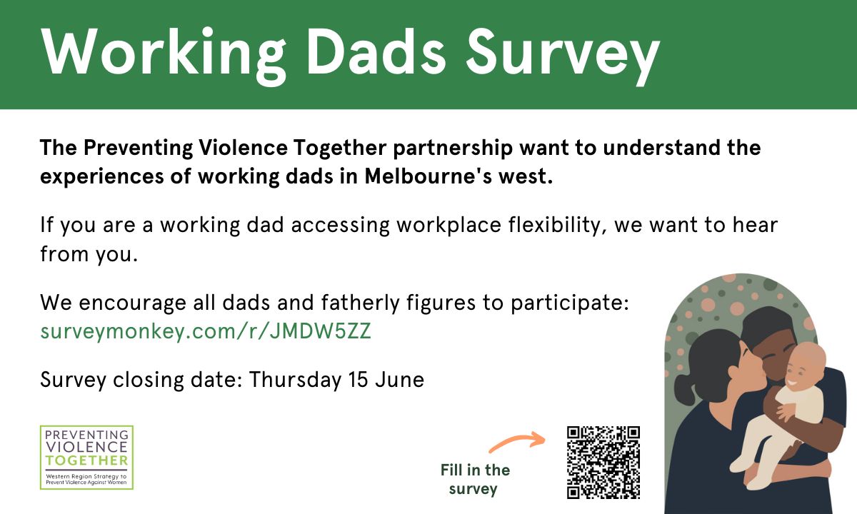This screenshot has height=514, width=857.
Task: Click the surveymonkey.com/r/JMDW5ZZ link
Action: click(206, 332)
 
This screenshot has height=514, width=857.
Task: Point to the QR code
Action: click(603, 463)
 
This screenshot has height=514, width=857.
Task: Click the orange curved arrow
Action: click(516, 442)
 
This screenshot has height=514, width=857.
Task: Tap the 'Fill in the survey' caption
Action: click(475, 479)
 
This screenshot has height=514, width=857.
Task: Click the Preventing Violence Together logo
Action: click(86, 457)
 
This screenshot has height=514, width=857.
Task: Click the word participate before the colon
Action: click(567, 303)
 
